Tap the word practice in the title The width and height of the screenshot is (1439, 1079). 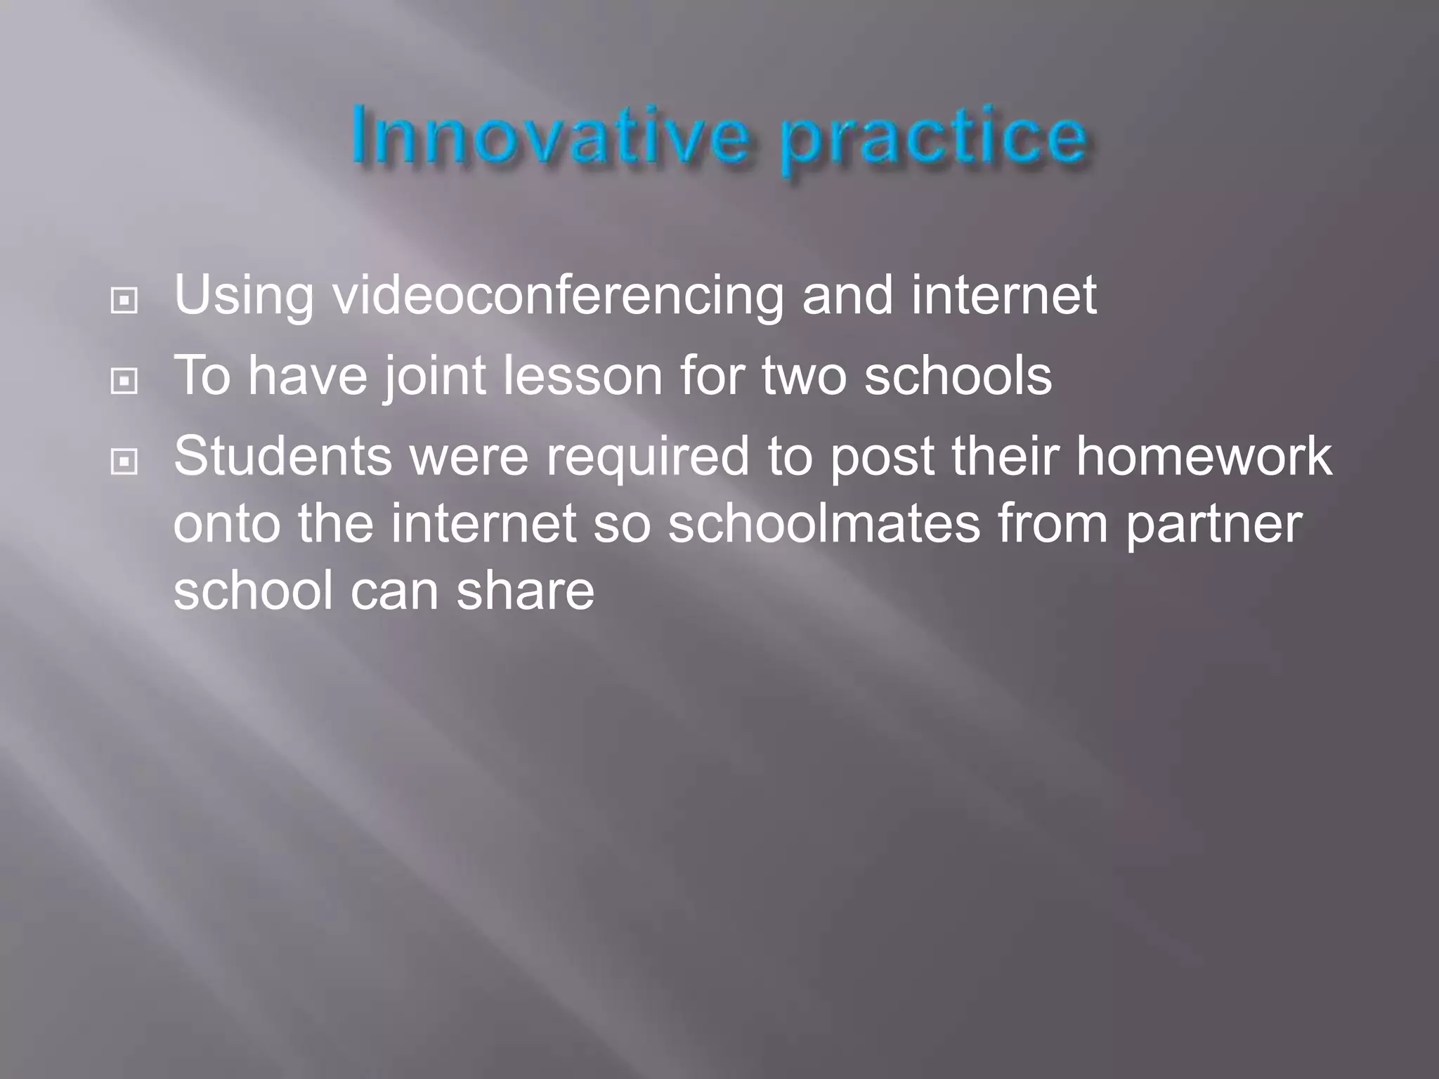coord(935,140)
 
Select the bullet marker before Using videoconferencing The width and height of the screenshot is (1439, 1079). coord(124,301)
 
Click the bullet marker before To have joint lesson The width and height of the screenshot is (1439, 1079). coord(124,381)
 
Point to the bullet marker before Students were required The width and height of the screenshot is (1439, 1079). coord(124,462)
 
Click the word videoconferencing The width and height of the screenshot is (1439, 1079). coord(558,296)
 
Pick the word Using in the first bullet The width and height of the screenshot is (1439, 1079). coord(243,296)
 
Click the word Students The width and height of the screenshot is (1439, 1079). coord(282,456)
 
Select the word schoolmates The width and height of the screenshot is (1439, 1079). coord(823,523)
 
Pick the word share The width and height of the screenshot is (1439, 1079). coord(525,590)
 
